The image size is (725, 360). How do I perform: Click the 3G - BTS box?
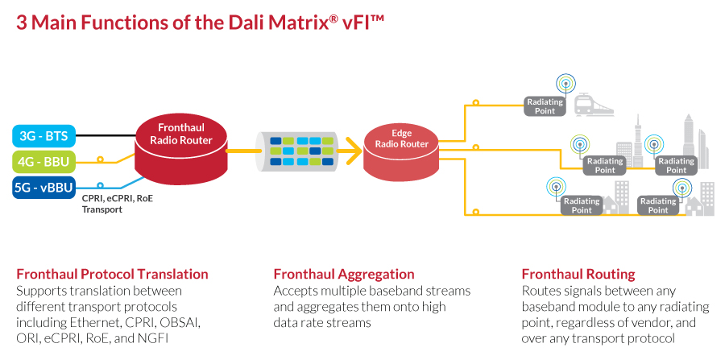tap(43, 135)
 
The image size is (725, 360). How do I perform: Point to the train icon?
tap(594, 105)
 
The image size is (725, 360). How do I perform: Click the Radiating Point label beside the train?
tap(545, 106)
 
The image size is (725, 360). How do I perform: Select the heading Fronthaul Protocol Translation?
tap(112, 274)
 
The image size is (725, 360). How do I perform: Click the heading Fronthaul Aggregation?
tap(344, 274)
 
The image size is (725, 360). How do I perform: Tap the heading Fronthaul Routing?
tap(578, 274)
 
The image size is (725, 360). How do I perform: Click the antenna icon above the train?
tap(566, 83)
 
